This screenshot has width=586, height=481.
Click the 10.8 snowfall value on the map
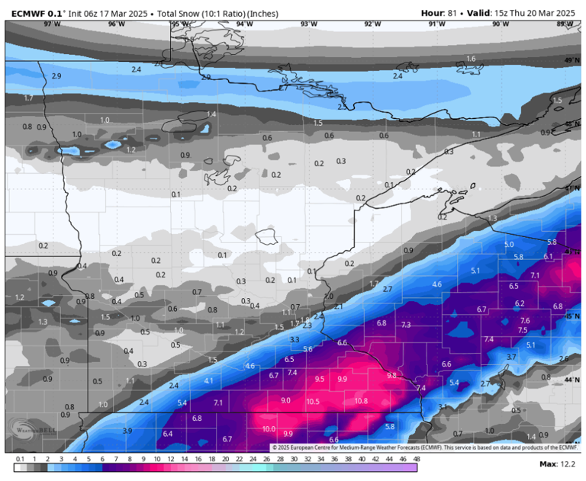tap(361, 401)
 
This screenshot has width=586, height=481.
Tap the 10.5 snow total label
tap(312, 402)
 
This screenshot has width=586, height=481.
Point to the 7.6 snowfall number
tap(525, 321)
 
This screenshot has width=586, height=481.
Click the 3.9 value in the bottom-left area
tap(127, 431)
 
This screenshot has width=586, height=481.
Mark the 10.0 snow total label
tap(268, 429)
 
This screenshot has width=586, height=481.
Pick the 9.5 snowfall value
tap(320, 379)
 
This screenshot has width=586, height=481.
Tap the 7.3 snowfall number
tap(406, 325)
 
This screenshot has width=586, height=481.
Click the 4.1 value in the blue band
tap(209, 380)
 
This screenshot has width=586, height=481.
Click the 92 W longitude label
tap(372, 24)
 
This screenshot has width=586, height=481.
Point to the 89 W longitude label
tap(565, 24)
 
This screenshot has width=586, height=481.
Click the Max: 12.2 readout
tap(557, 463)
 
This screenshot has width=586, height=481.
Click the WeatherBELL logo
tap(23, 435)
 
